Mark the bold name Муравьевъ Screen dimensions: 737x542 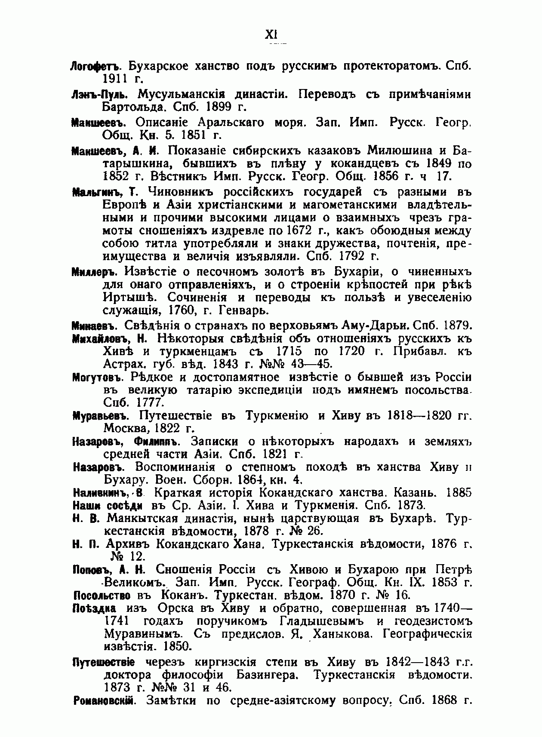(99, 416)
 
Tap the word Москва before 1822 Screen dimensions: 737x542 (127, 429)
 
